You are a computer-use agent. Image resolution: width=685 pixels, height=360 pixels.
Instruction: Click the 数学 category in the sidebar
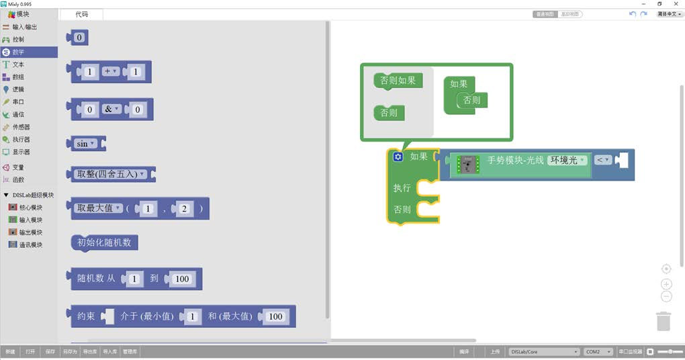[x=18, y=52]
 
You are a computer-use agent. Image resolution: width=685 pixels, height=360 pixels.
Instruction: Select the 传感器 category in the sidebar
[x=21, y=127]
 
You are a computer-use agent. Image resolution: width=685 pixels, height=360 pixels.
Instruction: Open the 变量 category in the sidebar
[x=18, y=167]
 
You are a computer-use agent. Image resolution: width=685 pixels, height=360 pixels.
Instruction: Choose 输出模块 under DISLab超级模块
[x=30, y=232]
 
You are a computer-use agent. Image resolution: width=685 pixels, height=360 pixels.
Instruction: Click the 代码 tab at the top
[x=81, y=14]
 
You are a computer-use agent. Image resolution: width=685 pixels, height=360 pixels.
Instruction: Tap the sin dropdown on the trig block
[x=85, y=144]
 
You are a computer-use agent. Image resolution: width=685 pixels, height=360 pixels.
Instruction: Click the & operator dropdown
[x=111, y=109]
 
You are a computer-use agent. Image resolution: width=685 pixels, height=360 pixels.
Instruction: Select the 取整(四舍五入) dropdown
[x=111, y=174]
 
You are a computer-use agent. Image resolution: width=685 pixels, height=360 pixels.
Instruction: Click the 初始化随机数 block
[x=104, y=242]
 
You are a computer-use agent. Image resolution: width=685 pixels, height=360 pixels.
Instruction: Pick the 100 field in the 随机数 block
[x=182, y=279]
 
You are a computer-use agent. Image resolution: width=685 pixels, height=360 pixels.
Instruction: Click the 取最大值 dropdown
[x=99, y=208]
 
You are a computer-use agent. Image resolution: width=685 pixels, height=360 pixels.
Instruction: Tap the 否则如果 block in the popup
[x=398, y=81]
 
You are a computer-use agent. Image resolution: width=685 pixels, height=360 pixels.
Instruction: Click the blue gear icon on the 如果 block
[x=398, y=156]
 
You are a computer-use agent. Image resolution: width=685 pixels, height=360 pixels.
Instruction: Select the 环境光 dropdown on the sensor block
[x=567, y=161]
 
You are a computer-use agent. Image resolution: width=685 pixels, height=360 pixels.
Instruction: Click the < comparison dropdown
[x=602, y=160]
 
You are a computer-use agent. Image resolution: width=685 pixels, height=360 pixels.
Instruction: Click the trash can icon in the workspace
[x=664, y=320]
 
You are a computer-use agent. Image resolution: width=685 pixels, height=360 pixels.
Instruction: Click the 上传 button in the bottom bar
[x=494, y=352]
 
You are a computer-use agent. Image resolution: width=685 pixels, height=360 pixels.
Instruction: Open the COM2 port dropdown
[x=597, y=352]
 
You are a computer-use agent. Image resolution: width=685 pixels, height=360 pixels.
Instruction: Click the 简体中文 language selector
[x=670, y=14]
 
